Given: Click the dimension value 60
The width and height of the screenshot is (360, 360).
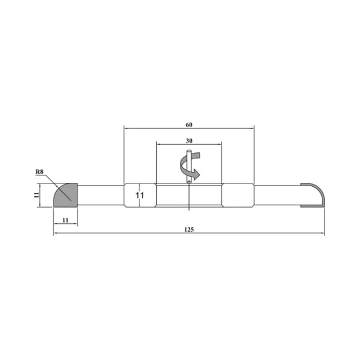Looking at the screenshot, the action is coord(189,125).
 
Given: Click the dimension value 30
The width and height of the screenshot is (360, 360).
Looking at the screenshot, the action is coord(189,141).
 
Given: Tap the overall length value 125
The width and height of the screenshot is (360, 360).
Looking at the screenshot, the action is coord(189,229).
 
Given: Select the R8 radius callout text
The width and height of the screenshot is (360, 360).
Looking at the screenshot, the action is coord(39,172).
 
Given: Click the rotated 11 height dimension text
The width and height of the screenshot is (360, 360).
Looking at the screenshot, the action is coord(36,195).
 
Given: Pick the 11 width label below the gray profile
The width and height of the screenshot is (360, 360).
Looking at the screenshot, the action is coord(65,220).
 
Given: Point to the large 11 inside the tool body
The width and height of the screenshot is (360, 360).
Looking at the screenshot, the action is coord(139,195).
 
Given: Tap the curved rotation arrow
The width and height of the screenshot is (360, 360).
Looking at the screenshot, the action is coord(190,165).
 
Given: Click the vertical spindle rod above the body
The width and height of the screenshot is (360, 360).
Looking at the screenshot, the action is coord(189,166).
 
